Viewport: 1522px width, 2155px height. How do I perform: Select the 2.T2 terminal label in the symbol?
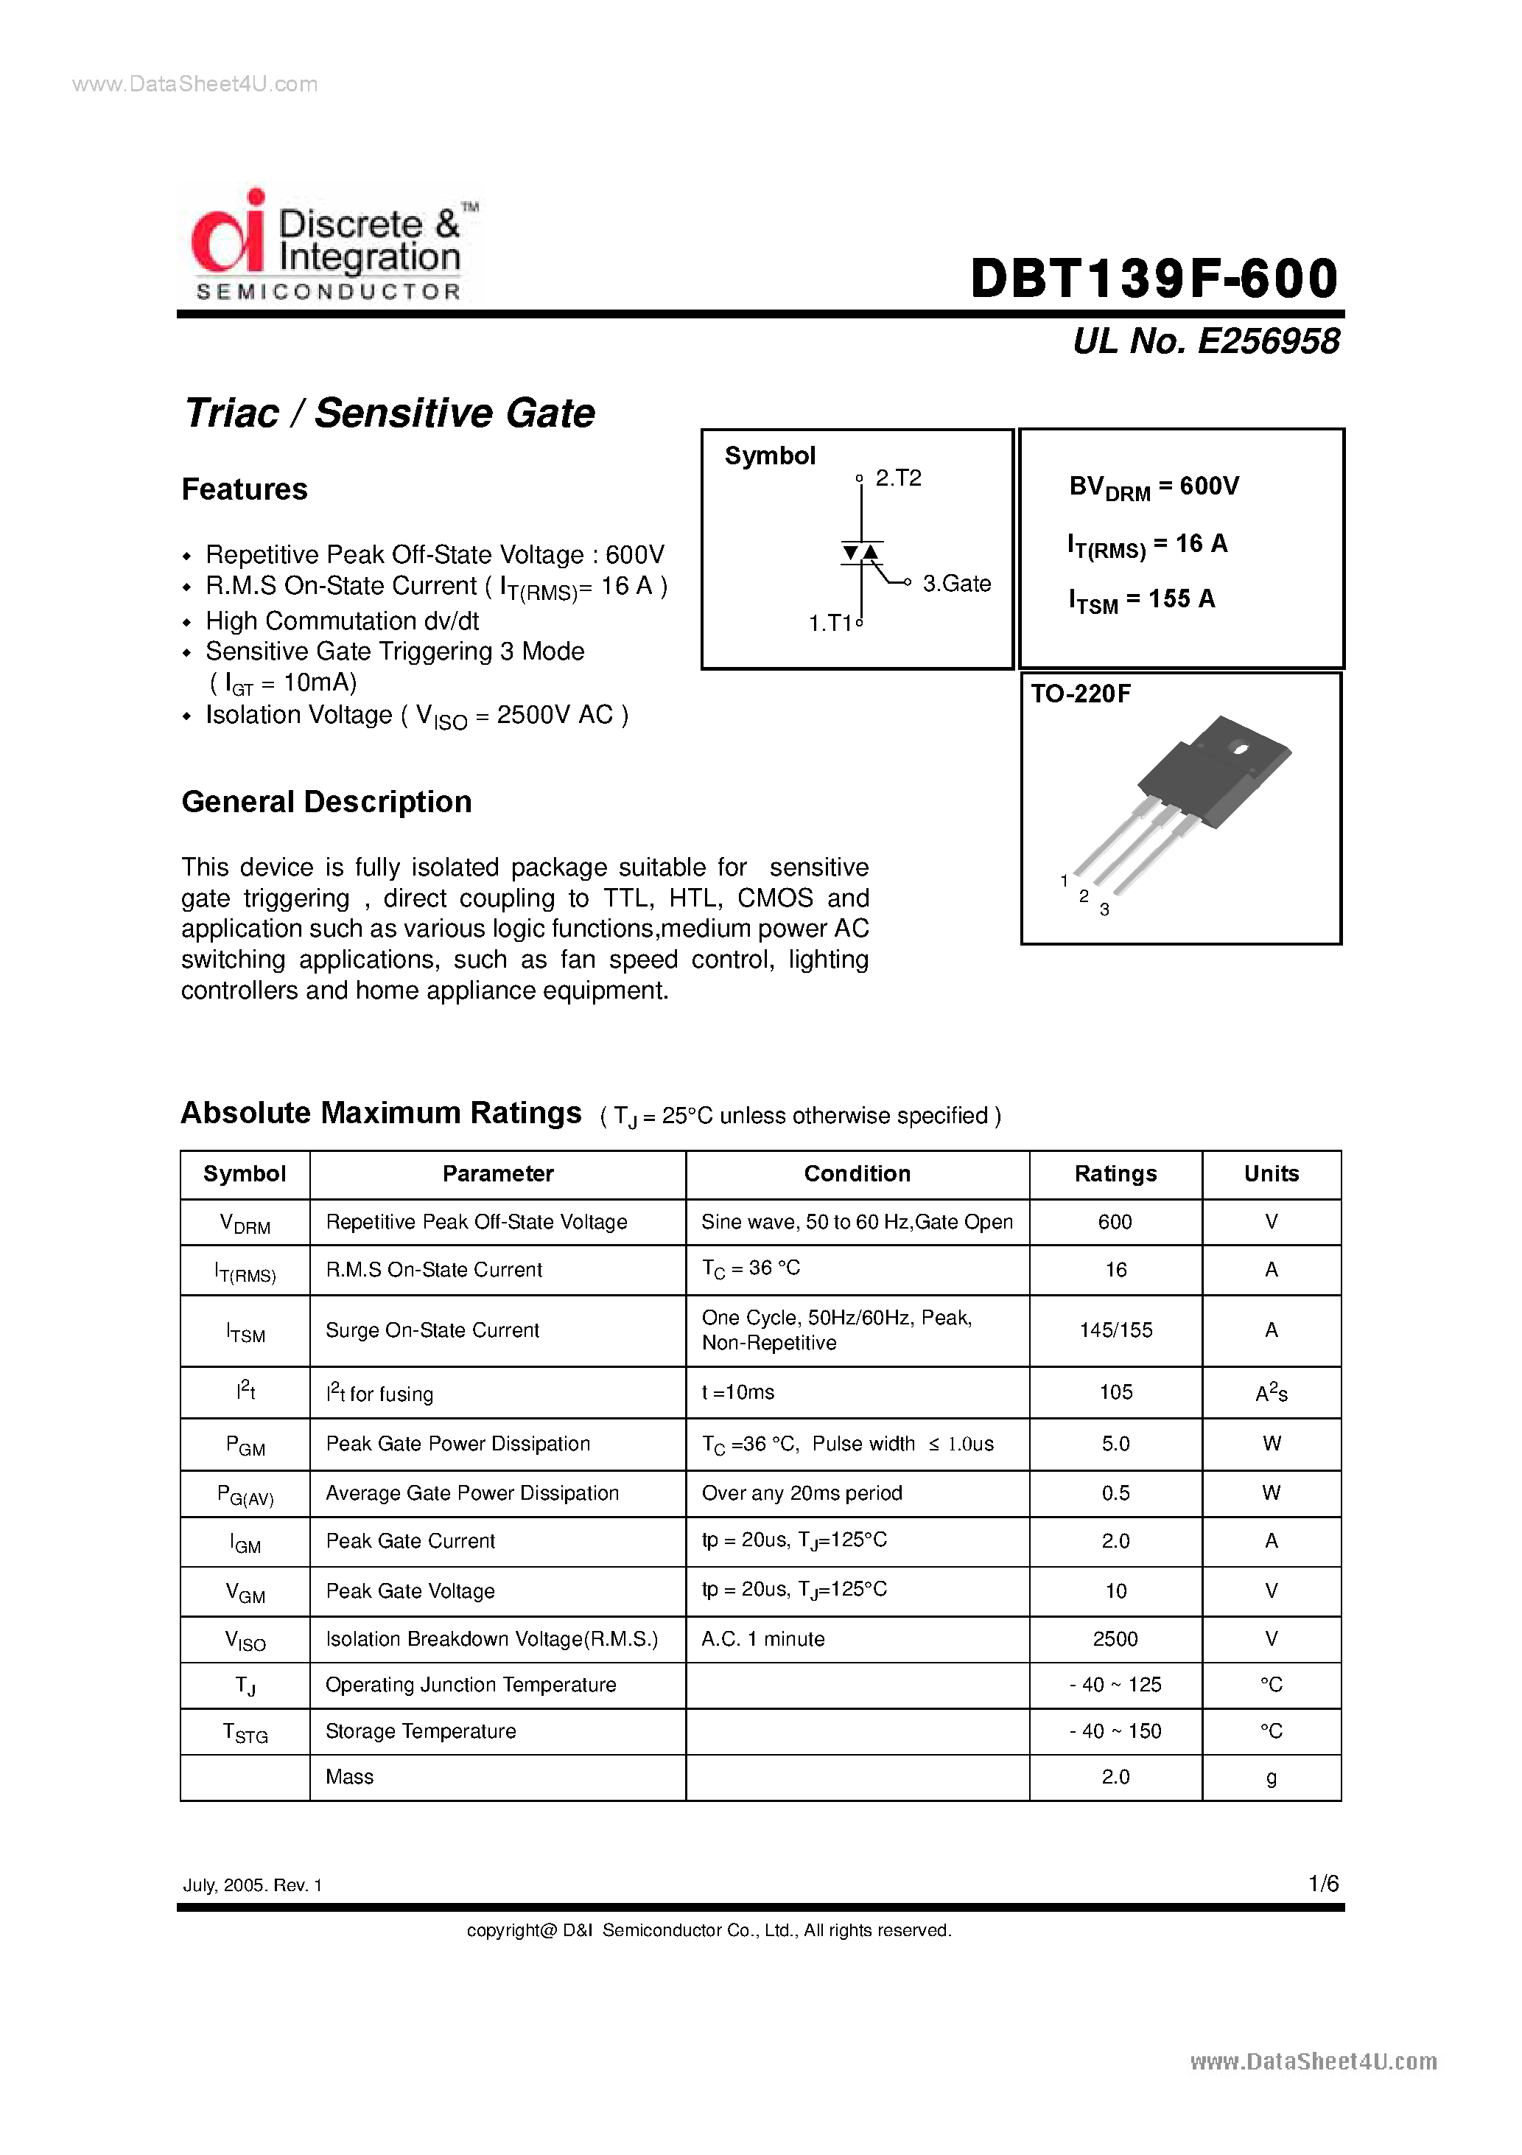(x=898, y=478)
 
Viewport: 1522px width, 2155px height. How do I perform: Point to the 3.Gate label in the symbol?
(x=956, y=584)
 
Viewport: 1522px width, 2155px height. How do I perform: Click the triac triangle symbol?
(x=860, y=553)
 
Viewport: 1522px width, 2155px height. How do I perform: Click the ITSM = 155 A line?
(x=1141, y=600)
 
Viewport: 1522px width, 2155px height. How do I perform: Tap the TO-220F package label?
(x=1081, y=694)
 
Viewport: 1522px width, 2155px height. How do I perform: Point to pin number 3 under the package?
(x=1104, y=909)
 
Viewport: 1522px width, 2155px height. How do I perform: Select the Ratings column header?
(x=1115, y=1174)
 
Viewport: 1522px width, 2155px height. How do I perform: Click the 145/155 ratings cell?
(x=1115, y=1330)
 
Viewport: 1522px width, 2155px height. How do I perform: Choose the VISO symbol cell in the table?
(x=245, y=1640)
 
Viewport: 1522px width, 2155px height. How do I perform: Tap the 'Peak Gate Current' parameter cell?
(x=410, y=1541)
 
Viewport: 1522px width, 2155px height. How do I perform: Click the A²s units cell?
(x=1271, y=1393)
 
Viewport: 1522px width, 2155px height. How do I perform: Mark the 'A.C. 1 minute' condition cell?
(x=763, y=1639)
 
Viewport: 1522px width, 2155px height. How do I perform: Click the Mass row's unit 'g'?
(x=1271, y=1777)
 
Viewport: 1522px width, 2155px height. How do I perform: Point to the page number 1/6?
(x=1323, y=1884)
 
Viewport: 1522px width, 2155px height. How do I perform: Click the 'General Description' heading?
(x=326, y=803)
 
